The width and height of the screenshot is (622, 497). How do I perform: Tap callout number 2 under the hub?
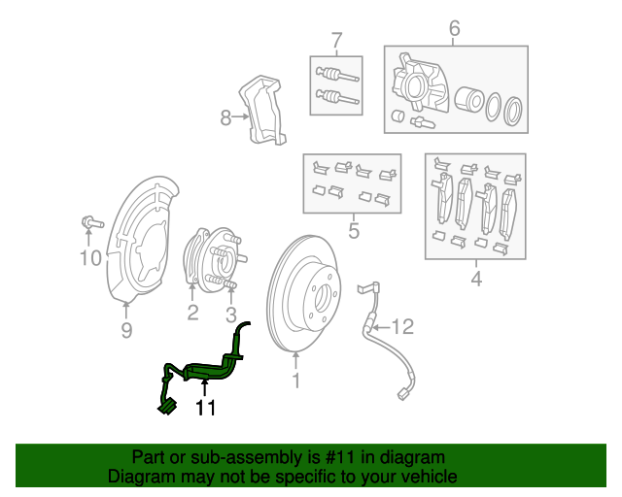tap(192, 312)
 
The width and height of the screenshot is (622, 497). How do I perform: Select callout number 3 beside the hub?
tap(231, 314)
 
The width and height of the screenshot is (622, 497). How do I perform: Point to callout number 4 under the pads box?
tap(476, 281)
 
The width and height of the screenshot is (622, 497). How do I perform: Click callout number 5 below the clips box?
tap(353, 231)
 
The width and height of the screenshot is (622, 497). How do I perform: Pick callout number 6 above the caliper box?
tap(454, 30)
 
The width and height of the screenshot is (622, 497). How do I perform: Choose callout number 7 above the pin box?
tap(336, 41)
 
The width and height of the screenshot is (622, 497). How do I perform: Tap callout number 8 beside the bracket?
tap(226, 117)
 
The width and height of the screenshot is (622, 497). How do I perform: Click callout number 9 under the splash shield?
tap(126, 332)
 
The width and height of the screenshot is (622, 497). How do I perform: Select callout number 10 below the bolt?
tap(90, 257)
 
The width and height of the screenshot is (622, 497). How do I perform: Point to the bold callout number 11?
tap(205, 408)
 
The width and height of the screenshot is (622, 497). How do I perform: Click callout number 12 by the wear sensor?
tap(402, 325)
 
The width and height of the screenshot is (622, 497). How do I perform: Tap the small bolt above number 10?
tap(89, 223)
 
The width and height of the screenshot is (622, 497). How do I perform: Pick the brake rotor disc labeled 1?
tap(302, 291)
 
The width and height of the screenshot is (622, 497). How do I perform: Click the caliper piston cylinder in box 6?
tap(469, 100)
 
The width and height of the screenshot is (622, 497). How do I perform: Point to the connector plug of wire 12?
tap(403, 393)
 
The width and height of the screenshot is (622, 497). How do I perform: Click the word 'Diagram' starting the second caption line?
tap(137, 477)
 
